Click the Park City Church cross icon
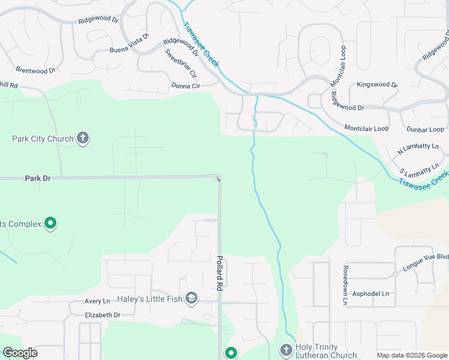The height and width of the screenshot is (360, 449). (83, 139)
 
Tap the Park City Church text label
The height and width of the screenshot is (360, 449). (43, 139)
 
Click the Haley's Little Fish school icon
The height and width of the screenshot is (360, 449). (191, 298)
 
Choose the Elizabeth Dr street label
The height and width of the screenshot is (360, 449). (95, 315)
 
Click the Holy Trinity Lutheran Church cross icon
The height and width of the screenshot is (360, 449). (286, 350)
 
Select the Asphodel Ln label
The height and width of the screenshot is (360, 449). (370, 293)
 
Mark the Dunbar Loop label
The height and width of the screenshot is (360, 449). (425, 129)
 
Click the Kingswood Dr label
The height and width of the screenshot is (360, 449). (377, 85)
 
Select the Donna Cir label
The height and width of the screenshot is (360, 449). (185, 86)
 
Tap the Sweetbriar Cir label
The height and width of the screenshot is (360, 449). (181, 64)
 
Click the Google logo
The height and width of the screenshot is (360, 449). (20, 353)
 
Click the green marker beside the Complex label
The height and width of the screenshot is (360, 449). (51, 224)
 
